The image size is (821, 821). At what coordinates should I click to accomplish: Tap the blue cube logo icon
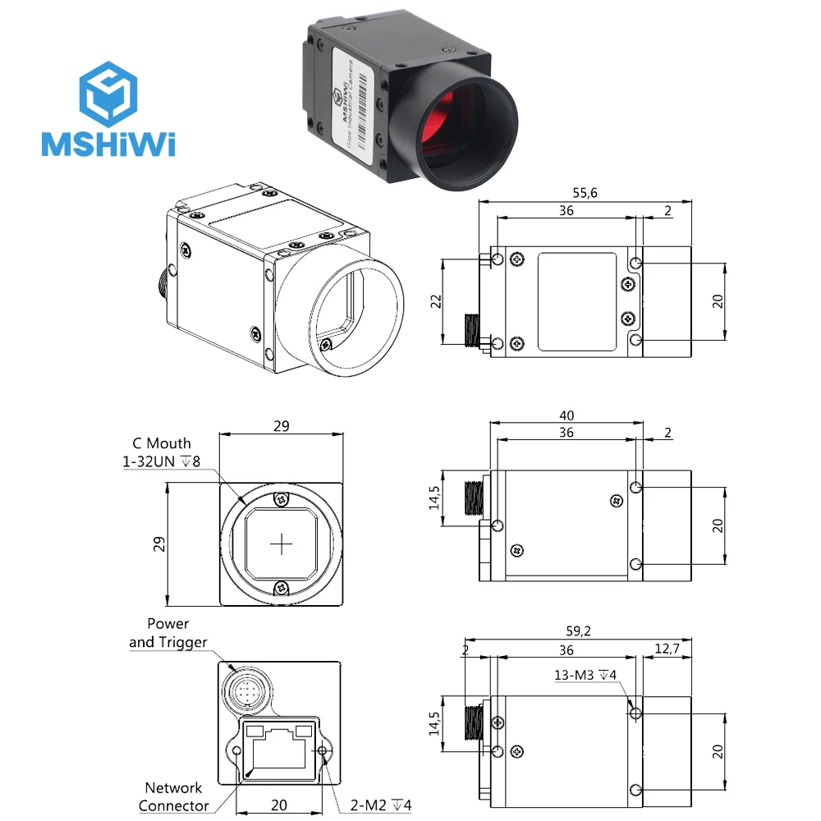click(108, 91)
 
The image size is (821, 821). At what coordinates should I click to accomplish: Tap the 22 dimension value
click(437, 301)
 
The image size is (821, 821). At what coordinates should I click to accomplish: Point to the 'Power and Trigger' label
click(168, 633)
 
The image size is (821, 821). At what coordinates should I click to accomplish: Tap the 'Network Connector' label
click(173, 796)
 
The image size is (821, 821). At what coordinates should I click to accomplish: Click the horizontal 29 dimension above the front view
click(281, 426)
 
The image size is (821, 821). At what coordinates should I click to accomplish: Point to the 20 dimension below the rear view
click(281, 805)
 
